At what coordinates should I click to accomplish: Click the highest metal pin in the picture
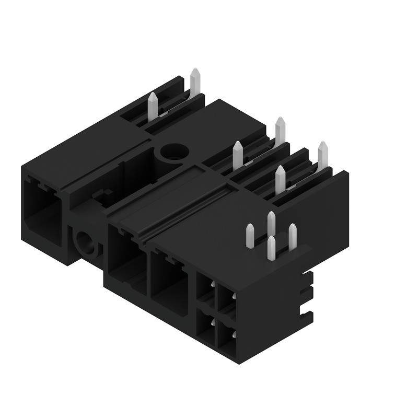(x=195, y=81)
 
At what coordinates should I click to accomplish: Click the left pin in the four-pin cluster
(x=250, y=235)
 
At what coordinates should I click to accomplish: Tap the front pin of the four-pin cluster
(x=271, y=248)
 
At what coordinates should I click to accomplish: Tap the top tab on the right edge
(x=307, y=275)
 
